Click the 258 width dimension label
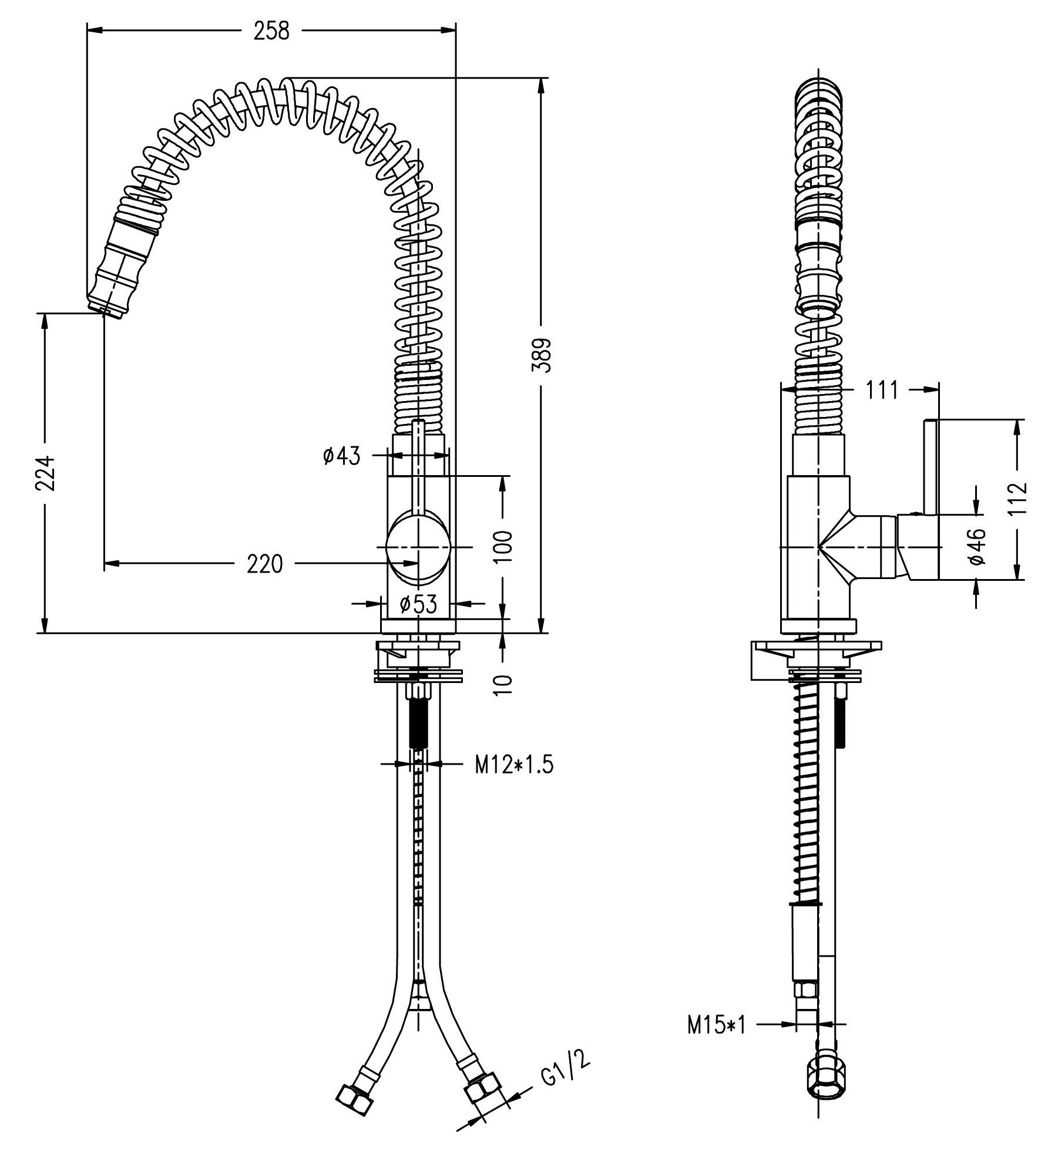click(x=271, y=31)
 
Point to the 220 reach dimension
click(x=264, y=564)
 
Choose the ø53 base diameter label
click(x=418, y=604)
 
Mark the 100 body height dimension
click(x=503, y=546)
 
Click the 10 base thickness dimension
click(x=503, y=684)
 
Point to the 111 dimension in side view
click(x=882, y=389)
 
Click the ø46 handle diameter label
click(x=975, y=546)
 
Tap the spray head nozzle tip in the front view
click(x=105, y=310)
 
